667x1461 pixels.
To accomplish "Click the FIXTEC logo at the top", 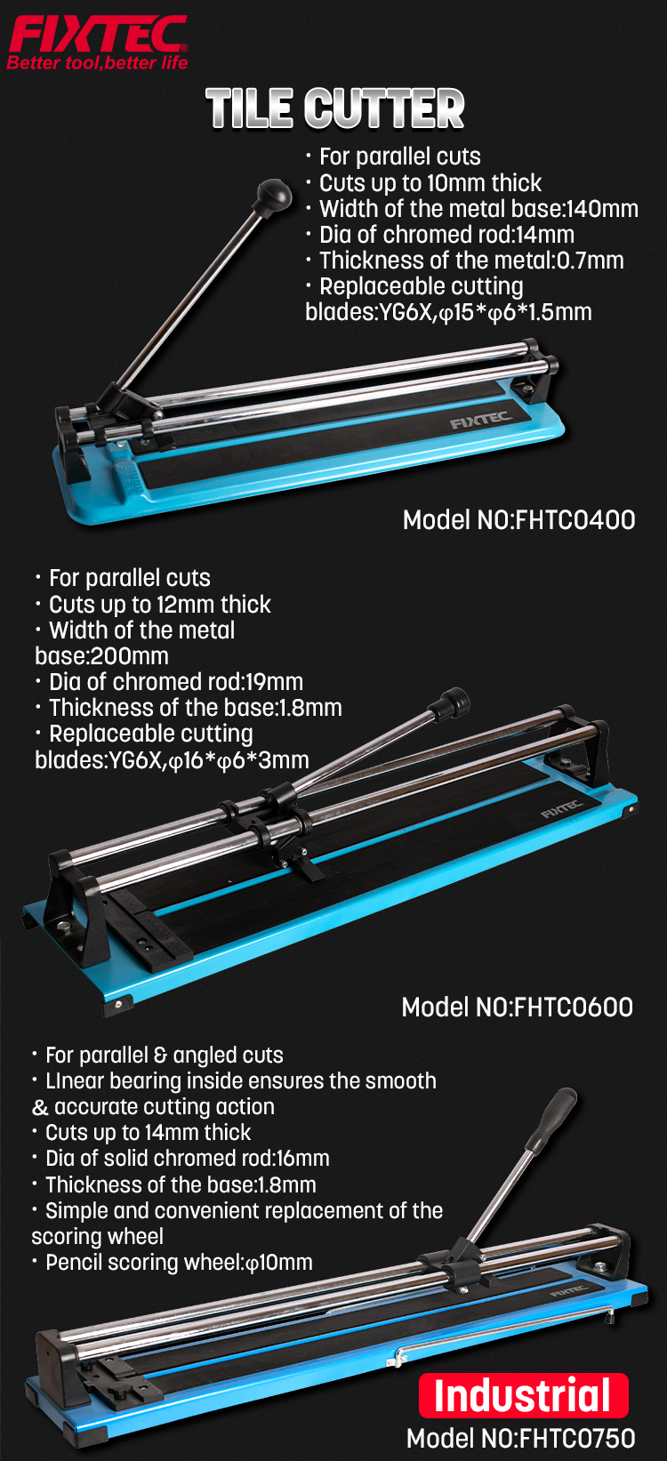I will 98,35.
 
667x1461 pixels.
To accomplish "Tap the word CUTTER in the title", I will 384,109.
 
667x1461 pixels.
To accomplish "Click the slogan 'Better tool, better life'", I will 98,63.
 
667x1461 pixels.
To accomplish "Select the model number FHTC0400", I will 575,520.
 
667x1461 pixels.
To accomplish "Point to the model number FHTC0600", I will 574,1007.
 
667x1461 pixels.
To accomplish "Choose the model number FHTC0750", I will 577,1439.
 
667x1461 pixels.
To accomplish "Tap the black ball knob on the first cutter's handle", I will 274,194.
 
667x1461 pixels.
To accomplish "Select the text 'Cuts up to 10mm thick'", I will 430,183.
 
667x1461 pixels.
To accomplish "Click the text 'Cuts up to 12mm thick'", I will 160,605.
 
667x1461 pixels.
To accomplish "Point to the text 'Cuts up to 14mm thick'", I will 149,1133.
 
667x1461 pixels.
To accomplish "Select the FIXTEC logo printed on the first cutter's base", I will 480,420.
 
